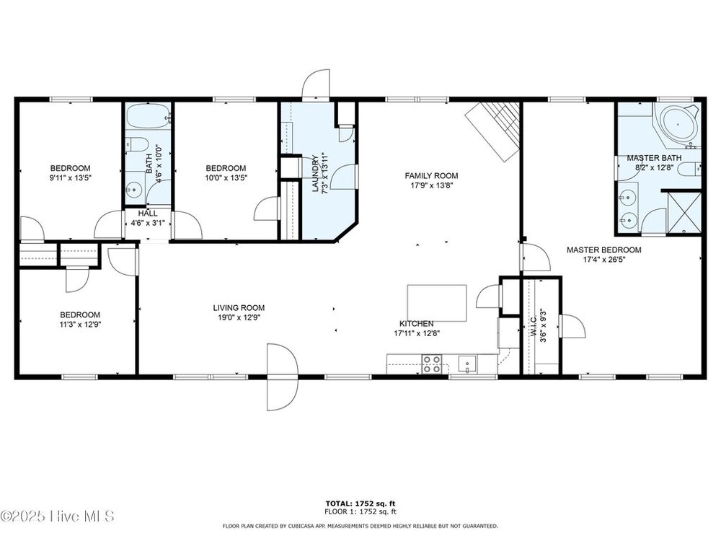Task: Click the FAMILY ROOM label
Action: (431, 176)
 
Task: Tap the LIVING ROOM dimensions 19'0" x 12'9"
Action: (239, 317)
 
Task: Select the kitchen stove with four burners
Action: (432, 364)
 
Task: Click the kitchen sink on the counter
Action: (467, 364)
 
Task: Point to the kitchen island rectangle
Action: (437, 303)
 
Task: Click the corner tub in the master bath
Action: (678, 123)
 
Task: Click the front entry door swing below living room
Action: (283, 377)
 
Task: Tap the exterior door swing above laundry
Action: (316, 84)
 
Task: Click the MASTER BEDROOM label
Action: (603, 250)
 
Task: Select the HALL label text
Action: (148, 214)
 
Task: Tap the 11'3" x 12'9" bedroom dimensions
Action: (81, 325)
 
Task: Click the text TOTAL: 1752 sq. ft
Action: (360, 503)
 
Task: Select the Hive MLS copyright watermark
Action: (58, 516)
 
